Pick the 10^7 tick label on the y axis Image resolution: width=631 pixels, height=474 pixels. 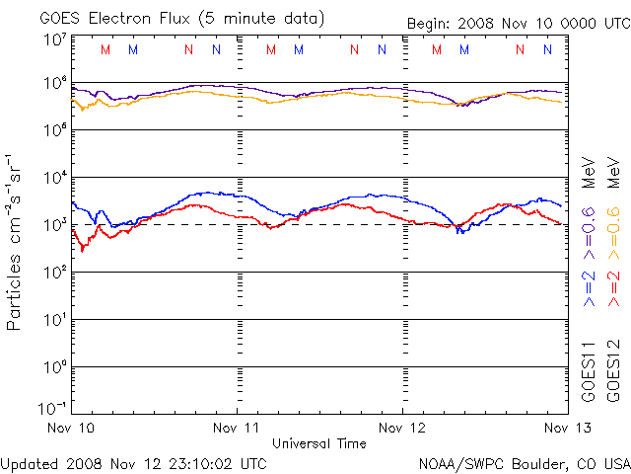coord(53,39)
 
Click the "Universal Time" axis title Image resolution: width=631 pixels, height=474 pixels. coord(318,443)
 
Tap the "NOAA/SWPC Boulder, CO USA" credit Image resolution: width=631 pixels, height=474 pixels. coord(524,463)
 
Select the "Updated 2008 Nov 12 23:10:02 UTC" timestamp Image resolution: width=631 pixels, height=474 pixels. coord(134,463)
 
